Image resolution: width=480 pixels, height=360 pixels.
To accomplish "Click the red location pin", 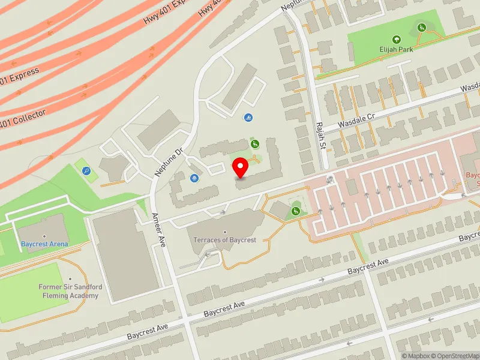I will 241,168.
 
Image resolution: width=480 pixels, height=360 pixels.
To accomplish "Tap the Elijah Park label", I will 396,50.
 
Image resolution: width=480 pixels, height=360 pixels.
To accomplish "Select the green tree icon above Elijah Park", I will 396,40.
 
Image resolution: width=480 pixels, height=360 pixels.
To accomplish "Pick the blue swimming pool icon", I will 247,118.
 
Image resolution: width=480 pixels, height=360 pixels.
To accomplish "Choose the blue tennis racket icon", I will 88,171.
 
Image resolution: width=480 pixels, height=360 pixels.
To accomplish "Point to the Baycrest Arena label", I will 44,244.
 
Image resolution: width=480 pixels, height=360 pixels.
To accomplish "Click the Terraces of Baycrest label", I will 225,240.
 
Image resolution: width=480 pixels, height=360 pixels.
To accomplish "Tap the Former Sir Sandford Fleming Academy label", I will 70,291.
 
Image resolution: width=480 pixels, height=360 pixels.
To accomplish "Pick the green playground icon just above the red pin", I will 255,144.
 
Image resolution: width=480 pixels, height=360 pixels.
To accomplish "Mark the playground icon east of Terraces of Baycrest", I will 296,211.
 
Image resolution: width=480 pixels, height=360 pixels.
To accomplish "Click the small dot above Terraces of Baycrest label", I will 225,232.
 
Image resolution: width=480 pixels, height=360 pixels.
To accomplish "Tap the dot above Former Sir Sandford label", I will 70,280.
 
